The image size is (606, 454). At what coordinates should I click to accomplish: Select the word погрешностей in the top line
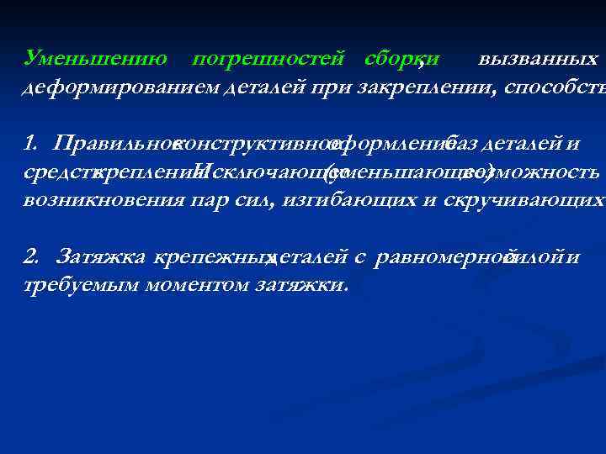(x=268, y=58)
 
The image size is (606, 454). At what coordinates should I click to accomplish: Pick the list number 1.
(x=31, y=143)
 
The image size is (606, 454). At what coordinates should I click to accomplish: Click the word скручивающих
(x=522, y=201)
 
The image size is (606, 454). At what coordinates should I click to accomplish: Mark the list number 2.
(x=31, y=256)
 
